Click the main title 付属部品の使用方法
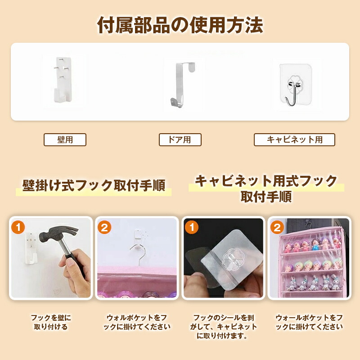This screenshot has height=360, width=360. pyautogui.click(x=180, y=25)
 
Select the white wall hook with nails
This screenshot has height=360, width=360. pyautogui.click(x=63, y=80)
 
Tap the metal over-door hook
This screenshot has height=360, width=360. pyautogui.click(x=182, y=85)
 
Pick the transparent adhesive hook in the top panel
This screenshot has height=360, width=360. pyautogui.click(x=296, y=85)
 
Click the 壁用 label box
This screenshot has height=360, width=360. pyautogui.click(x=65, y=139)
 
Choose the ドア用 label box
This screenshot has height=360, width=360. pyautogui.click(x=180, y=139)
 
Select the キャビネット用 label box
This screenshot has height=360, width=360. pyautogui.click(x=294, y=139)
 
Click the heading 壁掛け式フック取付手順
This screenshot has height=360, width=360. pyautogui.click(x=94, y=185)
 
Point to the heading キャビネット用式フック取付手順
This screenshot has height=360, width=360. pyautogui.click(x=266, y=189)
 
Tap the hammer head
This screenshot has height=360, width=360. pyautogui.click(x=58, y=234)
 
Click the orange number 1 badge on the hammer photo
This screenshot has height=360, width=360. pyautogui.click(x=18, y=227)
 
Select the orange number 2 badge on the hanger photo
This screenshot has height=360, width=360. pyautogui.click(x=104, y=227)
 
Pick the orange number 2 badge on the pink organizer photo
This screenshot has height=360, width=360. pyautogui.click(x=277, y=227)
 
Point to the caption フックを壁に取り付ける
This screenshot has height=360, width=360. pyautogui.click(x=51, y=322)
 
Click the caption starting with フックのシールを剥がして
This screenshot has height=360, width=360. pyautogui.click(x=223, y=327)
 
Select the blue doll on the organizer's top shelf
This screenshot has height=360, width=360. pyautogui.click(x=315, y=244)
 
